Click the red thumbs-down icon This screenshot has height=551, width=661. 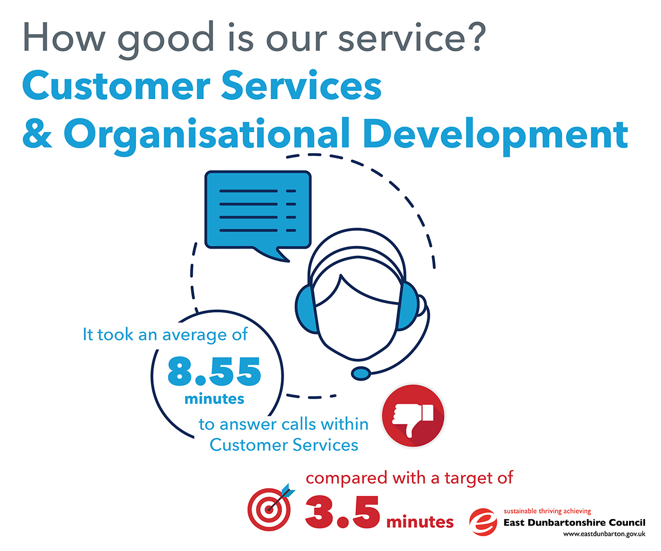pos(413,415)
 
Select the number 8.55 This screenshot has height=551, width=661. pos(214,371)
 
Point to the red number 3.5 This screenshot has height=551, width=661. pos(342,512)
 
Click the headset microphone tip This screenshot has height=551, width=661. pos(361,374)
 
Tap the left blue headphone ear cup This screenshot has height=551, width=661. pos(306,309)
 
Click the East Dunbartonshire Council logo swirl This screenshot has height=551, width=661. pos(483,522)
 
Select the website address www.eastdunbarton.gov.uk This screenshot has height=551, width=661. pos(604,534)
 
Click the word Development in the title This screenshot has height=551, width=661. pos(495,134)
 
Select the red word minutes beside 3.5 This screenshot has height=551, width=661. pos(420,522)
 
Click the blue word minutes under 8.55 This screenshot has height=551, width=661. pos(214,399)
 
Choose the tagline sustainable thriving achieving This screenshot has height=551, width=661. pos(548,511)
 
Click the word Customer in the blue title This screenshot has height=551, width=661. pos(116,85)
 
